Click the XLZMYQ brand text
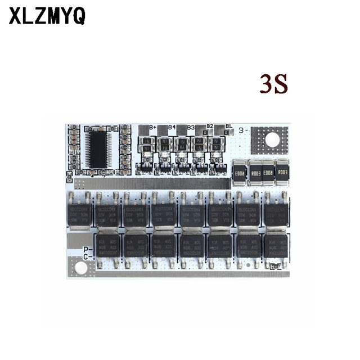point(47,16)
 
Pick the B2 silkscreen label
point(209,127)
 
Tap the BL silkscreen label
point(228,127)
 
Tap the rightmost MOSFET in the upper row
point(276,213)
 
